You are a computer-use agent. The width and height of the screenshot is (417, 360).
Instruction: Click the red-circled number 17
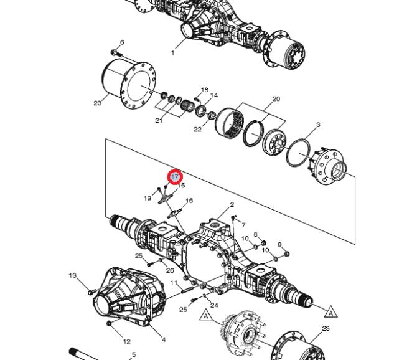175,177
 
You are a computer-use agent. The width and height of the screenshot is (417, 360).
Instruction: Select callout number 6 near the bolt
122,42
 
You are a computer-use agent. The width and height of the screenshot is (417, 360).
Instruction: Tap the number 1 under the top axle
172,53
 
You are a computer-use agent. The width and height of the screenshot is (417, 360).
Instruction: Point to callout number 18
205,90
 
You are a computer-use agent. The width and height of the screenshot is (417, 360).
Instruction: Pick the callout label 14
214,95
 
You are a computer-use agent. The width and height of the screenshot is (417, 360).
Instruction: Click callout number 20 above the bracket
276,98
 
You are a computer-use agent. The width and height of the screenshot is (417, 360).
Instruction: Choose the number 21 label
159,121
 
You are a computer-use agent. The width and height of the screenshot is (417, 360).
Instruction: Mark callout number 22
197,130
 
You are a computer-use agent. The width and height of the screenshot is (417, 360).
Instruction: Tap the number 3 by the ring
318,125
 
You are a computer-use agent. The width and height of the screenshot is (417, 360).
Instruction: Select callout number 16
189,201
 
